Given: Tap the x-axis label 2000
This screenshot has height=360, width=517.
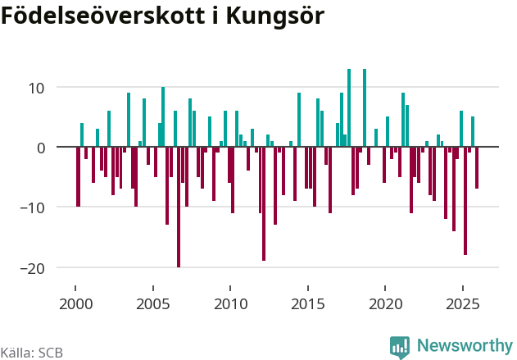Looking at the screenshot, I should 75,304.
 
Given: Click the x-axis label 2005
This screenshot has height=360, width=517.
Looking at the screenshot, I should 152,304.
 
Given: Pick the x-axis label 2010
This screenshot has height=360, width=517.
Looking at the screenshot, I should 230,304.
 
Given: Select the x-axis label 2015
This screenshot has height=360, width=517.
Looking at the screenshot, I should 307,304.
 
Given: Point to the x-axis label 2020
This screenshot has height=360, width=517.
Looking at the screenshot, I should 385,304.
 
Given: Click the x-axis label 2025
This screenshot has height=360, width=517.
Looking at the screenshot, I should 462,304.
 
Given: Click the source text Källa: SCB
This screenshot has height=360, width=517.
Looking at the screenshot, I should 31,353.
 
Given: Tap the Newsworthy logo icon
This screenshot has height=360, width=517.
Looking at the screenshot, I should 400,347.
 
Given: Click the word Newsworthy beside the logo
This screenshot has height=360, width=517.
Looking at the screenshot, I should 464,346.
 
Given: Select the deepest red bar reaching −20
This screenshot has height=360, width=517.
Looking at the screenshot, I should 179,207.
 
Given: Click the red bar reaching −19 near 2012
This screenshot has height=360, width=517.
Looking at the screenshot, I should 264,203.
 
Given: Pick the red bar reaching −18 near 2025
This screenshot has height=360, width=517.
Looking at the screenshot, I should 465,201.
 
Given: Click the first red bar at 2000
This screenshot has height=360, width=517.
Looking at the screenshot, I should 79,176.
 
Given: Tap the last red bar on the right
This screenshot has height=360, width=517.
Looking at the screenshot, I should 477,168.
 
